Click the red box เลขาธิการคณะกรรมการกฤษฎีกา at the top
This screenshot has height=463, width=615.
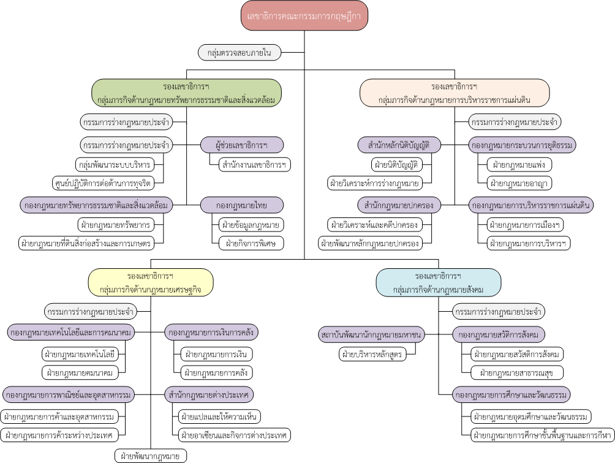tap(304, 16)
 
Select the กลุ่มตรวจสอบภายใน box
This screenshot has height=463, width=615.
tap(240, 53)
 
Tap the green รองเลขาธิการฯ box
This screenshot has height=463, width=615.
tap(186, 93)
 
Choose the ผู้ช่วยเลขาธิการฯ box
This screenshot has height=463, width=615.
tap(241, 145)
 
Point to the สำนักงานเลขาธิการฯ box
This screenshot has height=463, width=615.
tap(254, 165)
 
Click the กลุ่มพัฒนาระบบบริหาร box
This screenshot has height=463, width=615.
tap(115, 165)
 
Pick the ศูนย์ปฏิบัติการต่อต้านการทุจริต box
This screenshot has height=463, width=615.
tap(103, 183)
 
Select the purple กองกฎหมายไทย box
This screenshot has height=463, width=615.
tap(241, 205)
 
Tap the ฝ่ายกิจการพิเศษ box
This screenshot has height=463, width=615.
tap(251, 243)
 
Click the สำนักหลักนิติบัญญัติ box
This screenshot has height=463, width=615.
tap(399, 145)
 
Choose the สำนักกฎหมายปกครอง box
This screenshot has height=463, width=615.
tap(399, 205)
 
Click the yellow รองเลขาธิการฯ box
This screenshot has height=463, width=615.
tap(151, 282)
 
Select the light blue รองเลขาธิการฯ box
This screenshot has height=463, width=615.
tap(439, 283)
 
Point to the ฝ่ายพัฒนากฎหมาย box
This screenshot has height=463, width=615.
tap(151, 456)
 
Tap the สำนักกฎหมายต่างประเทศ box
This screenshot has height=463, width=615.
tap(209, 395)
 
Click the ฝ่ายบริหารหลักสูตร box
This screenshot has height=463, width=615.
tap(372, 354)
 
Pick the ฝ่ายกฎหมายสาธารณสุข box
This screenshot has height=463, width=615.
tap(517, 372)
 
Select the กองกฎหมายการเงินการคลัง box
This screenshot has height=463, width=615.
tap(211, 333)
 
